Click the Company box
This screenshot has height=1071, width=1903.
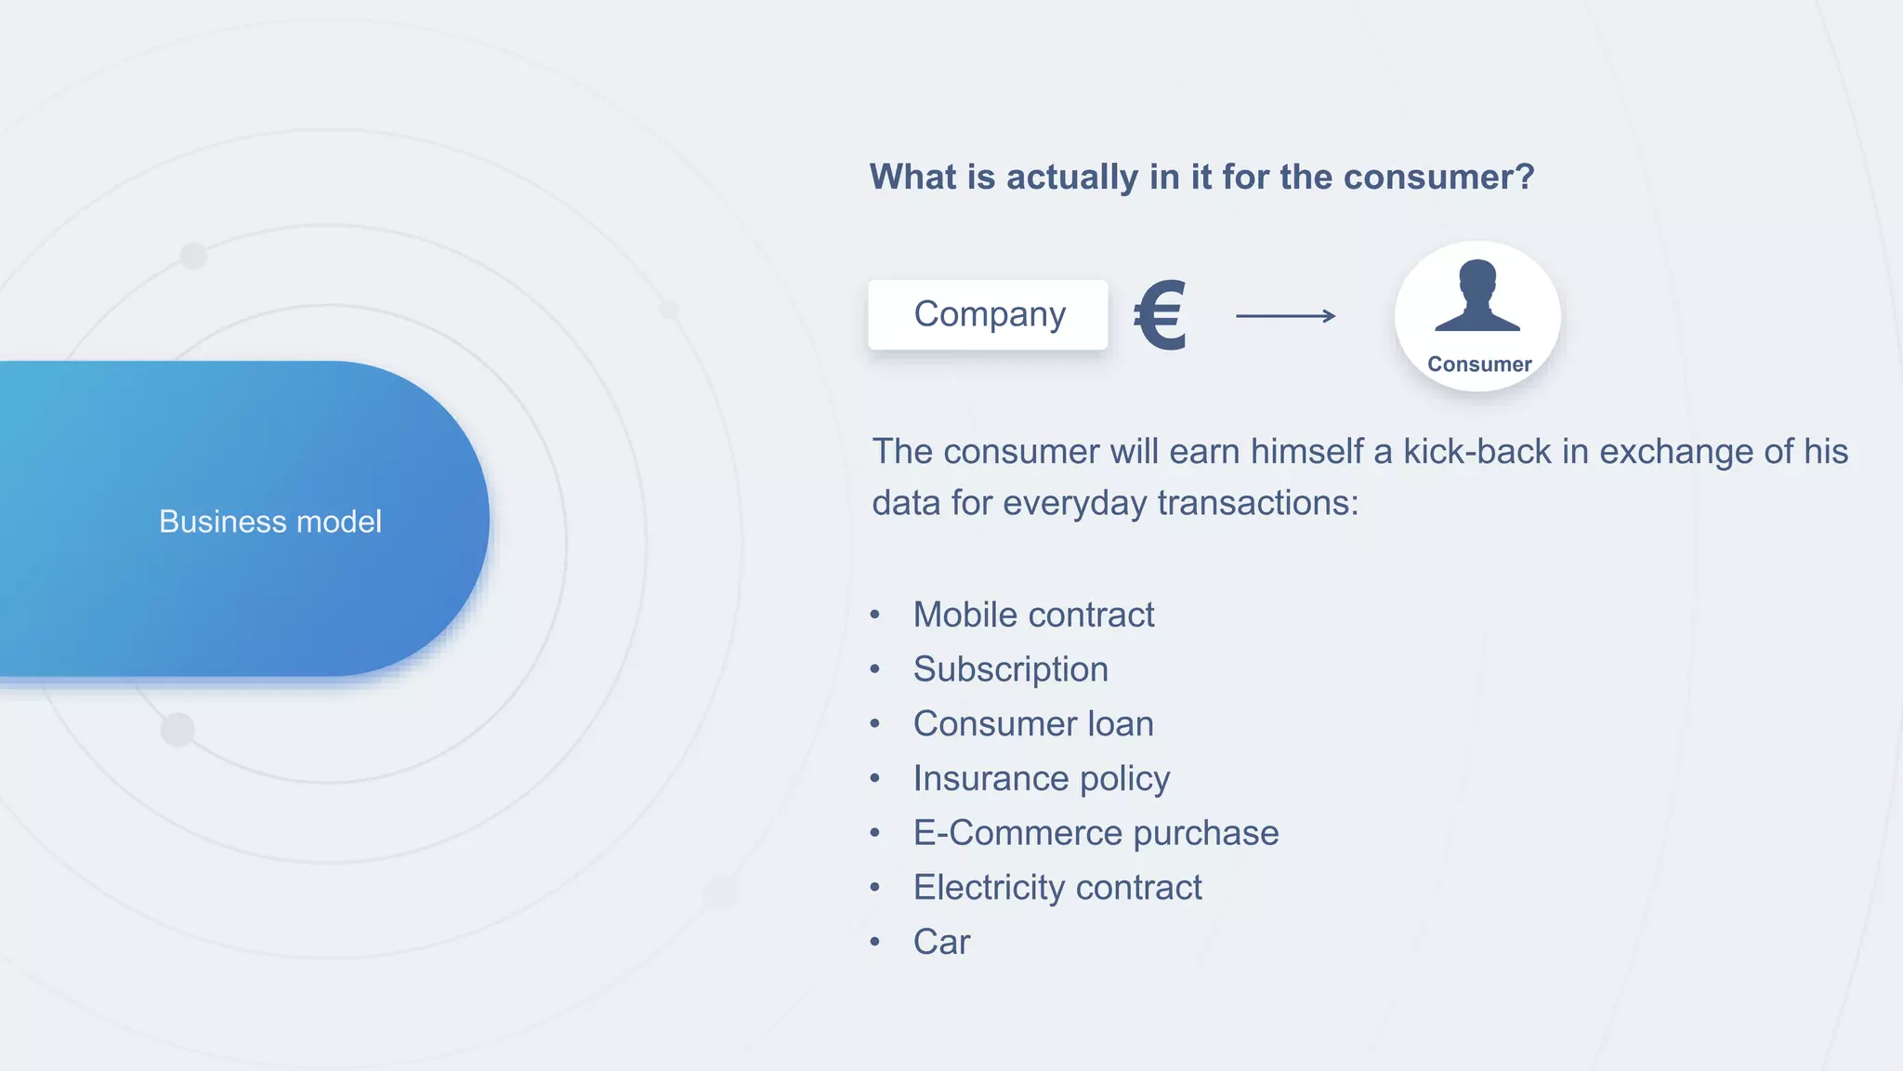988,315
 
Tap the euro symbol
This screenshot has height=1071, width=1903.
1161,316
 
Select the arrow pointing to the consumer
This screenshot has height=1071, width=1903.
1286,316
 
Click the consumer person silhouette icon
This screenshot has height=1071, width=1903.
1477,297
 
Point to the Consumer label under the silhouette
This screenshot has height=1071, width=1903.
1479,364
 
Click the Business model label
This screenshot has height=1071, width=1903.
270,522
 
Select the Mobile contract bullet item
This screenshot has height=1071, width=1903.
1033,615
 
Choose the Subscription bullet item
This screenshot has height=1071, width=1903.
1010,669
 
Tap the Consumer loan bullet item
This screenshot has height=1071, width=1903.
1033,724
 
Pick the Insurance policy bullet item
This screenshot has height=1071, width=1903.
1041,778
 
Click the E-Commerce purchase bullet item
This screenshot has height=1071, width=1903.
1096,833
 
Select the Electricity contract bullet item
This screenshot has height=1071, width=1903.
1057,888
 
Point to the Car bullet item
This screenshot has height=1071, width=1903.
941,942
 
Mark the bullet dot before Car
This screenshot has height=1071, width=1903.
874,942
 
